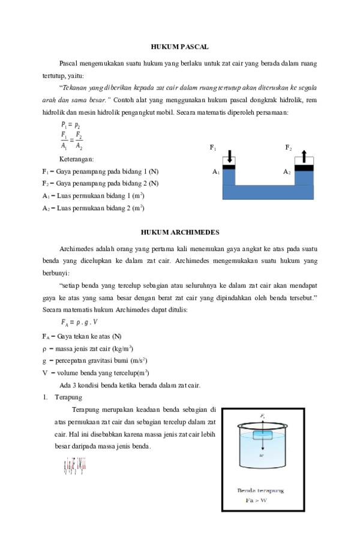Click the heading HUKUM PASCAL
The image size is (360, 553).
(179, 46)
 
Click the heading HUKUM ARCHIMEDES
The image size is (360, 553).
(179, 231)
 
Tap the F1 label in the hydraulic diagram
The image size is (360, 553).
(213, 147)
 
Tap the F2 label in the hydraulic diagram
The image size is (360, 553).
(288, 147)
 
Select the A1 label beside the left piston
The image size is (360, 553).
(215, 172)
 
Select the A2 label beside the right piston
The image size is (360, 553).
(287, 172)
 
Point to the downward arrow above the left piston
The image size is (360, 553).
(229, 156)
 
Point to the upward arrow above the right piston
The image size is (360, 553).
(304, 156)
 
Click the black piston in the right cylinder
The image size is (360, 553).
(304, 168)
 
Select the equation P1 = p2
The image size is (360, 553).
(70, 124)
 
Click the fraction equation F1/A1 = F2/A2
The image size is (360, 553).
(71, 141)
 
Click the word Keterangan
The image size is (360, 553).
(76, 159)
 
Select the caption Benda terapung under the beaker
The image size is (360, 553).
(261, 490)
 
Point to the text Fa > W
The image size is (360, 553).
(258, 500)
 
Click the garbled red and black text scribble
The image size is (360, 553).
(75, 466)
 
